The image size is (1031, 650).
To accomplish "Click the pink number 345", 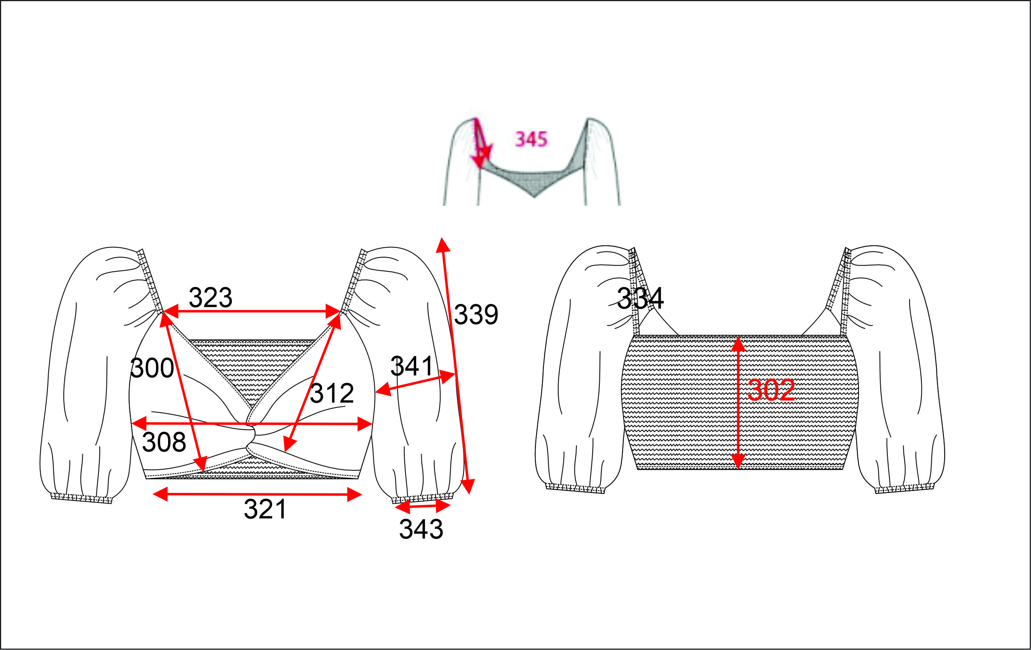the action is [531, 139].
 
